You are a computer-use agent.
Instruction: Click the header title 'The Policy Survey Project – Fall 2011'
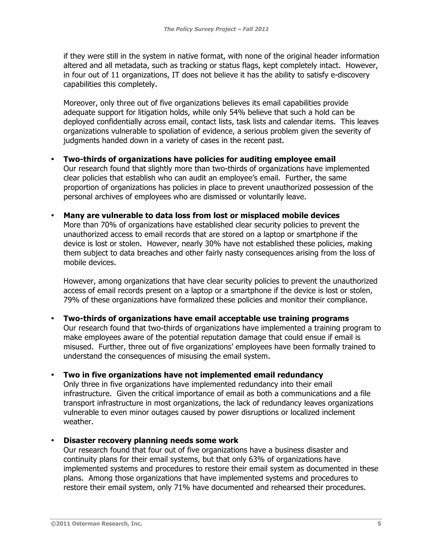click(x=216, y=29)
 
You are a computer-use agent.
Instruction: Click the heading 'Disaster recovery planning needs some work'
click(x=151, y=440)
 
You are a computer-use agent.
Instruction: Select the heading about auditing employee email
click(x=199, y=159)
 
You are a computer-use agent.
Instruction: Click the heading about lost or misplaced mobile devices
click(x=201, y=216)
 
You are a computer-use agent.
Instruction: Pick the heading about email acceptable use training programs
click(x=206, y=318)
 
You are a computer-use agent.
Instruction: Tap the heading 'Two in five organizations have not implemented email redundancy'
click(x=193, y=375)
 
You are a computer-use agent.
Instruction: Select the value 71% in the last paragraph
click(x=182, y=487)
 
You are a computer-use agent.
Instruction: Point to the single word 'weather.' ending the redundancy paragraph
click(x=78, y=421)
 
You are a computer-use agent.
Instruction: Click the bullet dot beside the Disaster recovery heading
click(x=53, y=440)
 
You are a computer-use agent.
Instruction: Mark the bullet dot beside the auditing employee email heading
click(x=53, y=159)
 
